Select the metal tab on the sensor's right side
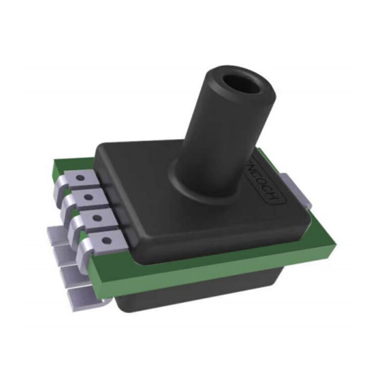click(x=297, y=190)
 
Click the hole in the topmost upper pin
click(x=81, y=177)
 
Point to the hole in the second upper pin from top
click(x=89, y=197)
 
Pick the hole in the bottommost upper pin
click(x=105, y=241)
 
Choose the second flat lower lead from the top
click(x=62, y=253)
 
